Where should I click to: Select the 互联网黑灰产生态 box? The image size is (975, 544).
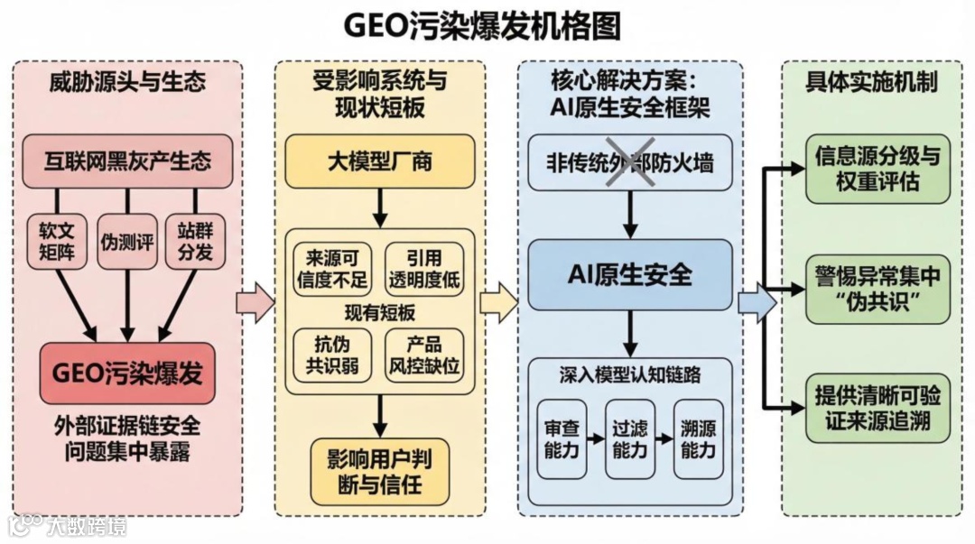(127, 161)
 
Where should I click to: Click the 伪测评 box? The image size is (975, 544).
(127, 241)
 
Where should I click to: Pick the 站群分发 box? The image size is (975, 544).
(195, 241)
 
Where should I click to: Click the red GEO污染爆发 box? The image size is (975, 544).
(127, 373)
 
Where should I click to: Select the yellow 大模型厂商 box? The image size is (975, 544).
(379, 161)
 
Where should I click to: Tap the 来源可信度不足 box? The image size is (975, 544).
(332, 268)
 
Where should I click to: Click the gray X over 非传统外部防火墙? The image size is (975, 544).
(628, 162)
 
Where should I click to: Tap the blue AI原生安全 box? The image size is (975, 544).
(629, 274)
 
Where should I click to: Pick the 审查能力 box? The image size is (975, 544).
(562, 438)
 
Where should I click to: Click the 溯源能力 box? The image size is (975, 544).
(698, 438)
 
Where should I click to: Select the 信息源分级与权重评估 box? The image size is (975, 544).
(877, 169)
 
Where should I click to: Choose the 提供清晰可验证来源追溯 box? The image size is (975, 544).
(877, 408)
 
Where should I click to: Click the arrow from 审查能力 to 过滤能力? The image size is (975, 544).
(595, 438)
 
